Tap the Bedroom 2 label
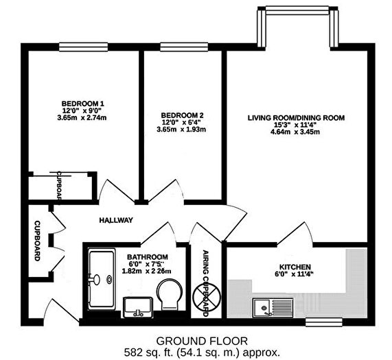pos(181,115)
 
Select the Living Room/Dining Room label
pos(296,118)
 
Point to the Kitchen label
pos(296,267)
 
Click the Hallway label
pos(116,220)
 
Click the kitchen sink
pos(265,307)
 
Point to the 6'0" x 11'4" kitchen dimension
pos(296,276)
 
